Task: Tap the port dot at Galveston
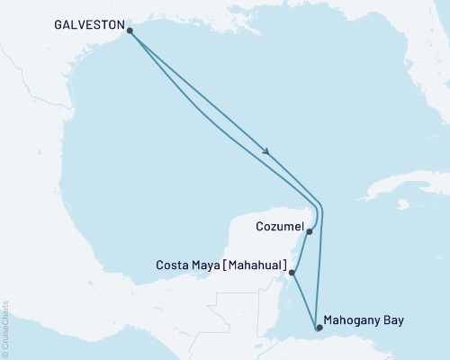click(x=130, y=31)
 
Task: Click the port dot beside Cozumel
click(x=310, y=231)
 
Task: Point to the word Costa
click(x=174, y=265)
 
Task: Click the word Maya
click(x=211, y=265)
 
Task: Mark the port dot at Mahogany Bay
click(x=317, y=328)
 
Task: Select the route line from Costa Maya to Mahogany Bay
click(x=304, y=300)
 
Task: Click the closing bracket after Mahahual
click(x=285, y=265)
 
